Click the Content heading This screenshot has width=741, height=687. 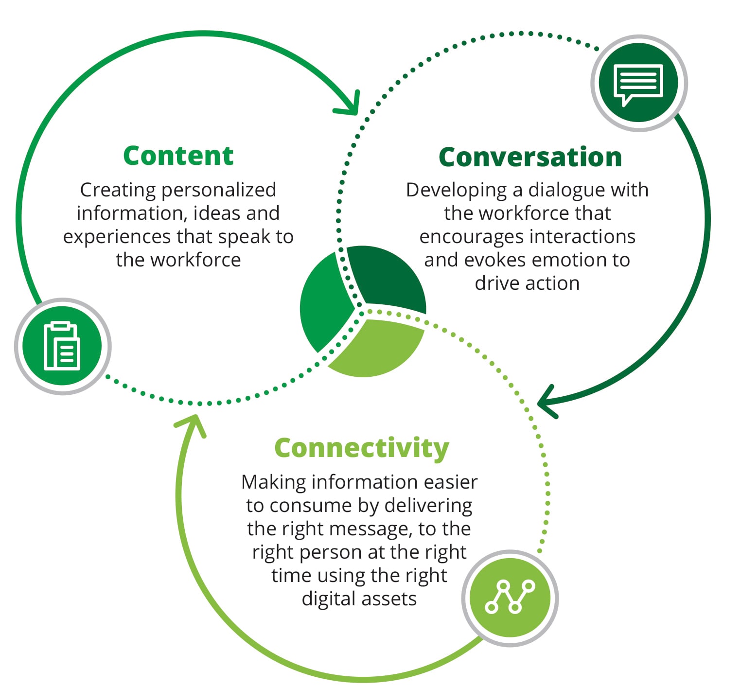pos(178,156)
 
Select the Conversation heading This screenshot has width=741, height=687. pos(530,157)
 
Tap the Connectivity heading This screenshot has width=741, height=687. pos(362,448)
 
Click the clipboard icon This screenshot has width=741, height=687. pos(62,346)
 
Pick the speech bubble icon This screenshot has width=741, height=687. pos(638,83)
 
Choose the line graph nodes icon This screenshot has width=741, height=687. pos(510,598)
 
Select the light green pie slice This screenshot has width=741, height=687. pos(374,348)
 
